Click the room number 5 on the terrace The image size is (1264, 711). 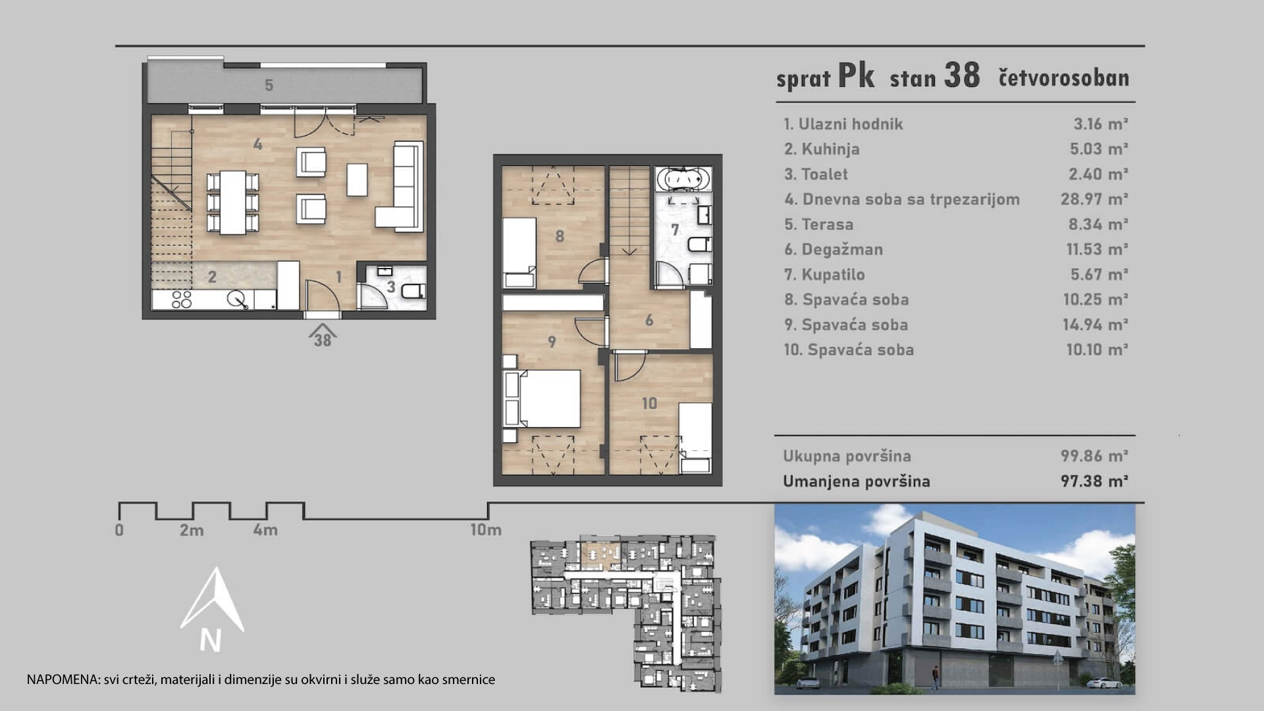(x=269, y=85)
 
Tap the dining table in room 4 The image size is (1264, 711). (x=232, y=202)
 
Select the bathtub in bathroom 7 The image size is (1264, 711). (x=687, y=179)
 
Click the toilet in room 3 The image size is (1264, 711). (x=413, y=291)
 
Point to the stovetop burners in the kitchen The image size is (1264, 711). (x=182, y=300)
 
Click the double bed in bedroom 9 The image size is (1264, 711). (x=542, y=398)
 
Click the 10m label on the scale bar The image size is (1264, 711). (x=485, y=529)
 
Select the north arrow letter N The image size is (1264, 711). (x=210, y=640)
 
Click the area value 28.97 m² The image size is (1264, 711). (x=1094, y=199)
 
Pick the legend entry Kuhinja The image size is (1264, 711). (x=822, y=149)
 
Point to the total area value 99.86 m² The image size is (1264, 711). (x=1094, y=456)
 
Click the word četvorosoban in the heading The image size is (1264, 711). (x=1064, y=78)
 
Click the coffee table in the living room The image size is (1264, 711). (x=357, y=179)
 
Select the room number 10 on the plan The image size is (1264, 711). (x=649, y=403)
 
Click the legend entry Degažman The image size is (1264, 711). (x=833, y=250)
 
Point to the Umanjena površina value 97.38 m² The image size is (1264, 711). (x=1094, y=481)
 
